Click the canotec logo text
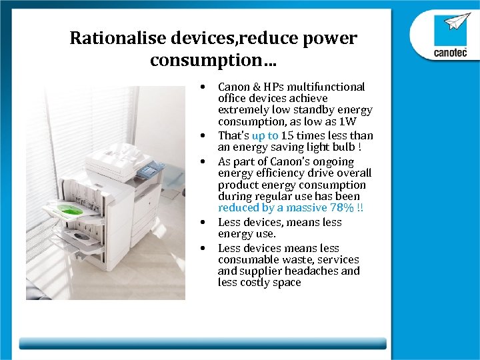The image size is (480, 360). [x=450, y=53]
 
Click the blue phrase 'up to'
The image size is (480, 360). [x=265, y=135]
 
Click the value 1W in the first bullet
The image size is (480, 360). [x=347, y=121]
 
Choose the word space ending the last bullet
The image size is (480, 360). [x=287, y=283]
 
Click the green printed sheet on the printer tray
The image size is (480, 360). [x=70, y=211]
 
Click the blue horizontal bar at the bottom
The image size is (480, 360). [x=203, y=343]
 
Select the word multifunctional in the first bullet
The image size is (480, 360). [x=326, y=87]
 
